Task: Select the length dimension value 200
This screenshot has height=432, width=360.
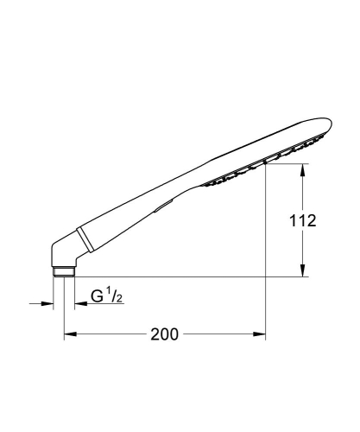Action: (165, 334)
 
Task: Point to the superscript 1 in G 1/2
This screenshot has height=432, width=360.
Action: (111, 294)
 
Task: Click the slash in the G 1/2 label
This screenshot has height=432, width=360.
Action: (116, 298)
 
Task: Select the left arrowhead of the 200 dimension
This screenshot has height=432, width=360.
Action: (68, 334)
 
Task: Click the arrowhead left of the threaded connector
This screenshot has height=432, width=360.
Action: (47, 302)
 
